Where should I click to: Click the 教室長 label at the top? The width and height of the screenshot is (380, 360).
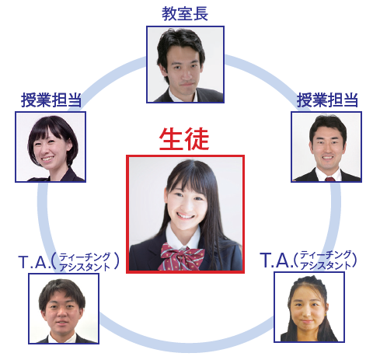click(185, 13)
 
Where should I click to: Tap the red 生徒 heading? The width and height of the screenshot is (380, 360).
click(184, 139)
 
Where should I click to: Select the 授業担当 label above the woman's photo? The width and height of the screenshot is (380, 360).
click(51, 100)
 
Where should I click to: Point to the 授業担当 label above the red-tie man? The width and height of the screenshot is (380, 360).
click(327, 100)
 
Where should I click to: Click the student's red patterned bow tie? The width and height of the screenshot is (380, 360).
click(181, 257)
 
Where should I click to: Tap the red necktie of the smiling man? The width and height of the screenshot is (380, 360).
click(329, 179)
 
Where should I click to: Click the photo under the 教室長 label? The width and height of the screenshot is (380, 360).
click(185, 65)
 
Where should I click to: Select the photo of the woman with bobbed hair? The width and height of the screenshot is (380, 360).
click(51, 147)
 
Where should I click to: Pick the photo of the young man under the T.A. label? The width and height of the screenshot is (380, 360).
click(64, 309)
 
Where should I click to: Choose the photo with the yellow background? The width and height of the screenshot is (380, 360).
click(309, 307)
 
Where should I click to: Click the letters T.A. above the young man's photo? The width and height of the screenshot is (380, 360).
click(34, 262)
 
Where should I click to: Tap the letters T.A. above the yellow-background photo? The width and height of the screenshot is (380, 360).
click(277, 260)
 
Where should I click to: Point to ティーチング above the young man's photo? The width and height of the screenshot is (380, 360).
click(85, 257)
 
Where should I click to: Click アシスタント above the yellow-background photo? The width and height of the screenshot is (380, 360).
click(326, 265)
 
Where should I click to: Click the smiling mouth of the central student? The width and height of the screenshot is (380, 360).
click(185, 215)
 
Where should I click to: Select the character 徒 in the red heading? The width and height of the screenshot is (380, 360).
click(197, 139)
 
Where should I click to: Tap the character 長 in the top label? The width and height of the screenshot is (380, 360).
click(200, 13)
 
